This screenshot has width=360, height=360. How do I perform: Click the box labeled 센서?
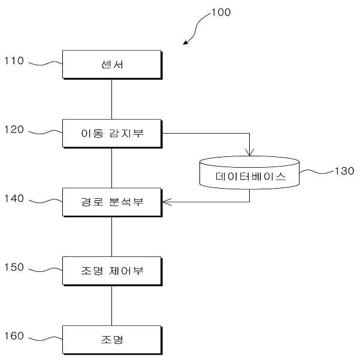point(112,65)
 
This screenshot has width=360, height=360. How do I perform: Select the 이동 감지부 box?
point(112,134)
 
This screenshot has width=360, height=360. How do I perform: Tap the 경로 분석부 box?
point(112,202)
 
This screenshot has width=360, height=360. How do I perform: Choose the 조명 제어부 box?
point(112,271)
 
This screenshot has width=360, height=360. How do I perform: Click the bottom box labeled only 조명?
point(112,340)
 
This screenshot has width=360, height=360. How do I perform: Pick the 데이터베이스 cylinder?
point(250,173)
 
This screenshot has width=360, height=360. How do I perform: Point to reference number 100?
point(221,13)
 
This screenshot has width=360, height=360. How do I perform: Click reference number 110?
point(14,61)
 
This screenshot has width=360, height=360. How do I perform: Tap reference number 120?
point(14,130)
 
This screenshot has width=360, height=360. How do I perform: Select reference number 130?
point(344,171)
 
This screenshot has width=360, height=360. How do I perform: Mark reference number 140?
point(14,199)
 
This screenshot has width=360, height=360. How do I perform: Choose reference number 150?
point(14,267)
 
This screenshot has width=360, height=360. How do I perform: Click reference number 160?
point(14,336)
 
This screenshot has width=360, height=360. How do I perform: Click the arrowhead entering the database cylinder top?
point(250,153)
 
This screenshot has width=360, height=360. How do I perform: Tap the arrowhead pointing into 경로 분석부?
point(167,202)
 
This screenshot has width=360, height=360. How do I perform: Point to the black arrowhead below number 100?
point(186,43)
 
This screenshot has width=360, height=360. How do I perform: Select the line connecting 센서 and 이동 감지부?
point(112,99)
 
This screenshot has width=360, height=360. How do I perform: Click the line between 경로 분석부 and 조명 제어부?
point(112,237)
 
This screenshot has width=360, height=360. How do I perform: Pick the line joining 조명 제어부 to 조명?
point(112,306)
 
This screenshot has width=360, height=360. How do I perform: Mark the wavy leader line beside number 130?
point(317,171)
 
